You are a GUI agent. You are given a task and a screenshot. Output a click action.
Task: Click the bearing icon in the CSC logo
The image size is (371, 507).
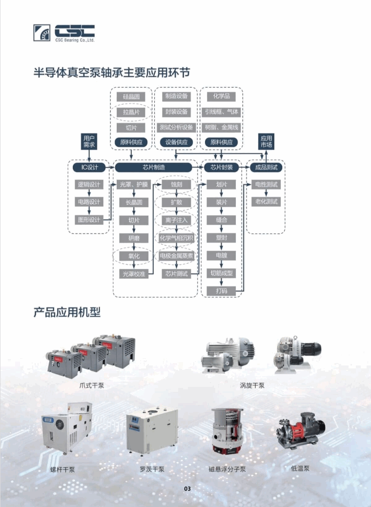[41, 33]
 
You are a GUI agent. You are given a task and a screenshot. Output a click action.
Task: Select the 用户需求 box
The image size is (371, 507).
[89, 142]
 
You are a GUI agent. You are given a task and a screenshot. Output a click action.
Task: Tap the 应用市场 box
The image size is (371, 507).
[266, 142]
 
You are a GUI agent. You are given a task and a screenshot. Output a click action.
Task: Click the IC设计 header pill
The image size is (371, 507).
[89, 167]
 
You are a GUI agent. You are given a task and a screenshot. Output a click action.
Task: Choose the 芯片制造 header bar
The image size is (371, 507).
[154, 167]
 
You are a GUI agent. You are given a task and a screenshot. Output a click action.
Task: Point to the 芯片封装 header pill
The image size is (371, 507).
[221, 167]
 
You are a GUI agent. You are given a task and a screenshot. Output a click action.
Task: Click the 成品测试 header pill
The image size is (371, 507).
[266, 167]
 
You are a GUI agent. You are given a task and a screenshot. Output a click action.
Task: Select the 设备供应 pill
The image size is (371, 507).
[176, 142]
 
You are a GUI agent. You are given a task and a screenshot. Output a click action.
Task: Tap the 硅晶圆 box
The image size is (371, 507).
[131, 96]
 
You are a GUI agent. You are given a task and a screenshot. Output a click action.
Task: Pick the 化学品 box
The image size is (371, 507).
[221, 96]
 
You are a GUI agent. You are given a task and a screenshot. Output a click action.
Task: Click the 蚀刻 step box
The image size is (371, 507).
[176, 184]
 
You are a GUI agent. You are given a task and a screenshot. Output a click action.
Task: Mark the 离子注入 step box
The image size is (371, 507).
[176, 220]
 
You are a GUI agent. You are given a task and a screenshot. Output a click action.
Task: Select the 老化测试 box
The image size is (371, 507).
[266, 202]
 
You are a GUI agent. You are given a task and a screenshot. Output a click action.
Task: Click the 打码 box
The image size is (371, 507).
[221, 291]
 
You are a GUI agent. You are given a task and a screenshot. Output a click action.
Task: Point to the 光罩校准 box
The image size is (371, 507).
[134, 274]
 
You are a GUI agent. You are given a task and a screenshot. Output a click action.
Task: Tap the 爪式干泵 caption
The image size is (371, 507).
[92, 385]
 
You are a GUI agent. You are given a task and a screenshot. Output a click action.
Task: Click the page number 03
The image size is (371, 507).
[187, 488]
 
